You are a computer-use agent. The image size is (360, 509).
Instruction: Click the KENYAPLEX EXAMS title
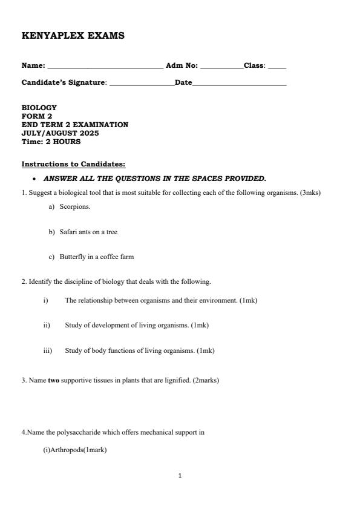pos(73,36)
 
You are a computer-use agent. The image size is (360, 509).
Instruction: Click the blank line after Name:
pos(105,67)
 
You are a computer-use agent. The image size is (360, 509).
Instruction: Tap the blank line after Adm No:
pos(221,67)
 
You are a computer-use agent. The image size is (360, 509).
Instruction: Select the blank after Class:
pos(277,67)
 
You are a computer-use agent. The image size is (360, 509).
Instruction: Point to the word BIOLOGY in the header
pos(39,108)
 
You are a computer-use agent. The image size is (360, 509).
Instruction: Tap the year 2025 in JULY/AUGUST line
pos(88,133)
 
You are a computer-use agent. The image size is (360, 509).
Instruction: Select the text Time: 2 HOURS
pos(51,142)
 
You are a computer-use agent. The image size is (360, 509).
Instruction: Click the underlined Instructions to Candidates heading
pos(74,164)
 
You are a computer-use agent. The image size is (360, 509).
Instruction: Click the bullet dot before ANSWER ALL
pos(37,179)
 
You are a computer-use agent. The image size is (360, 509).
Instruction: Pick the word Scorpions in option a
pos(75,206)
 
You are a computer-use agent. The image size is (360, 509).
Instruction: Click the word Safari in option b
pos(68,232)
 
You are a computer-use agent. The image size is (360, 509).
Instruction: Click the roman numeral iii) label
pos(48,350)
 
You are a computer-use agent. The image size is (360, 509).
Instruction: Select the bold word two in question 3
pos(54,381)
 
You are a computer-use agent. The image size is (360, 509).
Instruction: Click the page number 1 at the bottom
pos(180,476)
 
